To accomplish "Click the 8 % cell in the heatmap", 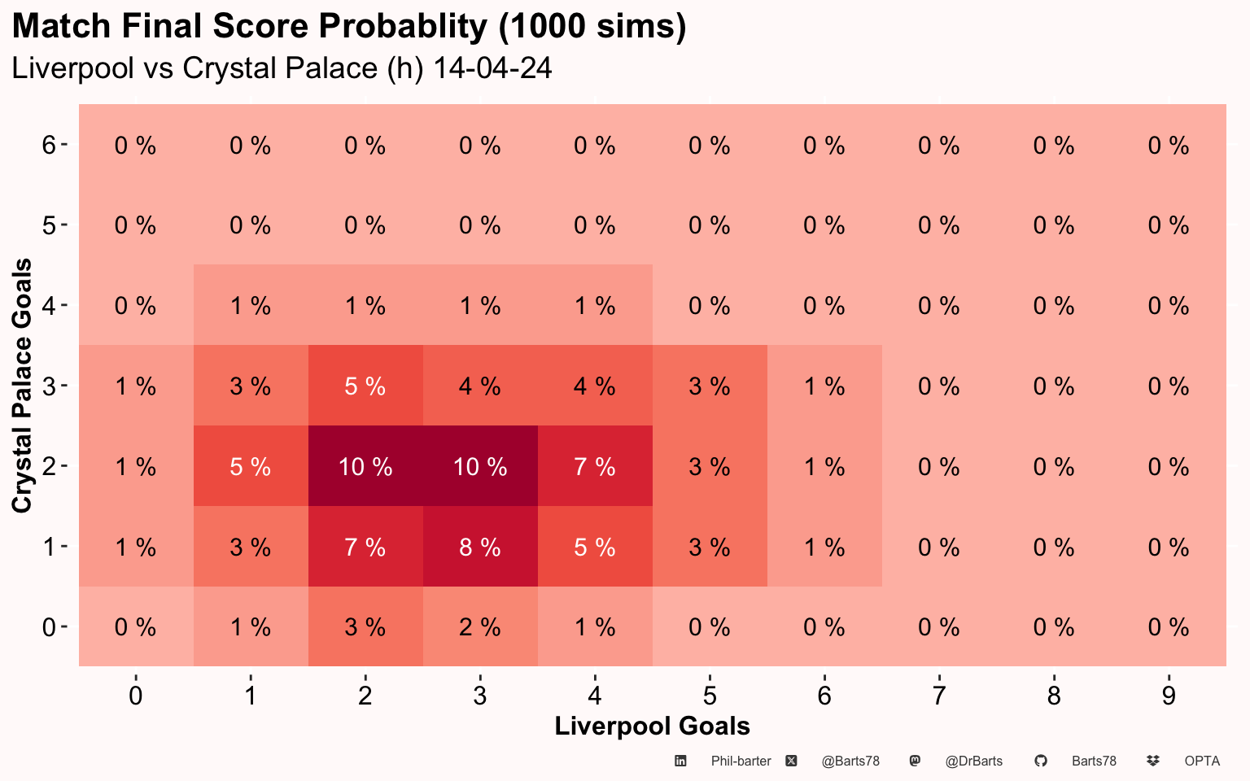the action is (480, 546).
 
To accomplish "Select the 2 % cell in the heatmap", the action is (480, 626).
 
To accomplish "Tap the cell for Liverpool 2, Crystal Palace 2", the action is (365, 466).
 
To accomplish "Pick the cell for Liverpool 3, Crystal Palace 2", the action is (480, 466).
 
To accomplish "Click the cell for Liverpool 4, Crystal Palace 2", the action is (595, 466).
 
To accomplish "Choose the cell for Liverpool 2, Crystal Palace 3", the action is (365, 386).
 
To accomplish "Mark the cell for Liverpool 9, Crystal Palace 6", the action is (1169, 145).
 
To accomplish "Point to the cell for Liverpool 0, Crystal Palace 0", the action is (136, 626).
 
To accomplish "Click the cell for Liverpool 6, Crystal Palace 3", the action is (824, 386).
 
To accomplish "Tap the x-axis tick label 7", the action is (939, 696).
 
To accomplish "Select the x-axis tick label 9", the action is (1169, 696).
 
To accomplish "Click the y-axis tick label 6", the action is (49, 145).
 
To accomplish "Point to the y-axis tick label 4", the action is (49, 306).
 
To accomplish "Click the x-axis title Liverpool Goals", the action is (653, 726).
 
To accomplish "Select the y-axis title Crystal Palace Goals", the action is (22, 386).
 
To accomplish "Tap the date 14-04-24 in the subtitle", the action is (492, 68).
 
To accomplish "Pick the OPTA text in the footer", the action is (1202, 761).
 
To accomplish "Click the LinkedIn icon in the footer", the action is (680, 761).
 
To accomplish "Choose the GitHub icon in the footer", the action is (1041, 761).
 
